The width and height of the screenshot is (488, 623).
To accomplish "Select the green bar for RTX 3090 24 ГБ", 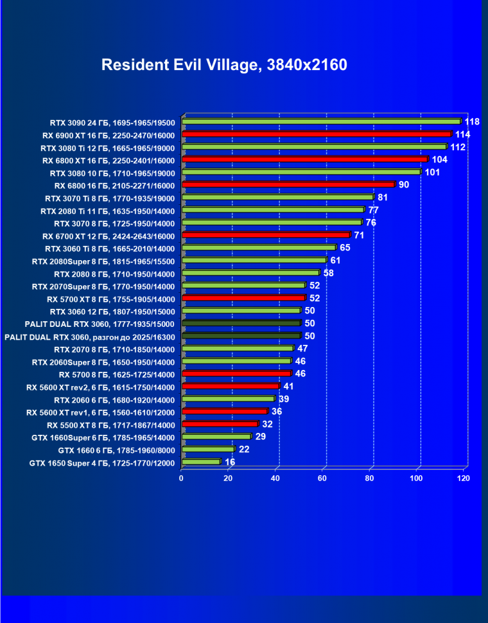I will tap(321, 121).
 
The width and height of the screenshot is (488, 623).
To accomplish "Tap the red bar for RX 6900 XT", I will tap(317, 134).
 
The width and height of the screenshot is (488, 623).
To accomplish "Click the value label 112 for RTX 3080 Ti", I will tap(458, 147).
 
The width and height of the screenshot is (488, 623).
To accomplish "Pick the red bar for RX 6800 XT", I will tap(304, 159).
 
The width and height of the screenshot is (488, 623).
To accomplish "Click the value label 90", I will tap(404, 184).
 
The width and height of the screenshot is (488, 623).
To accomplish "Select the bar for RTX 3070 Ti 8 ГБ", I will tap(277, 197).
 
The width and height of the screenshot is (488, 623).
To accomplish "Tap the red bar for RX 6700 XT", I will tap(266, 235).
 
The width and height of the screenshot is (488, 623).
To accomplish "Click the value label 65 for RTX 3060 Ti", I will tap(345, 247).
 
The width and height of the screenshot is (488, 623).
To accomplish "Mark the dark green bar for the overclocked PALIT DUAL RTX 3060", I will tap(241, 335).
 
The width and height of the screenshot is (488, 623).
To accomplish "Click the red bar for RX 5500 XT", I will tap(220, 424).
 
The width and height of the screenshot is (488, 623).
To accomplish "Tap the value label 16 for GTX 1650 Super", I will tap(230, 462).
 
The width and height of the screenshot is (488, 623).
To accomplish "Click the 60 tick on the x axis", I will tap(323, 478).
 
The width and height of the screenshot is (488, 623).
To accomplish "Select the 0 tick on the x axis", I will tap(182, 478).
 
